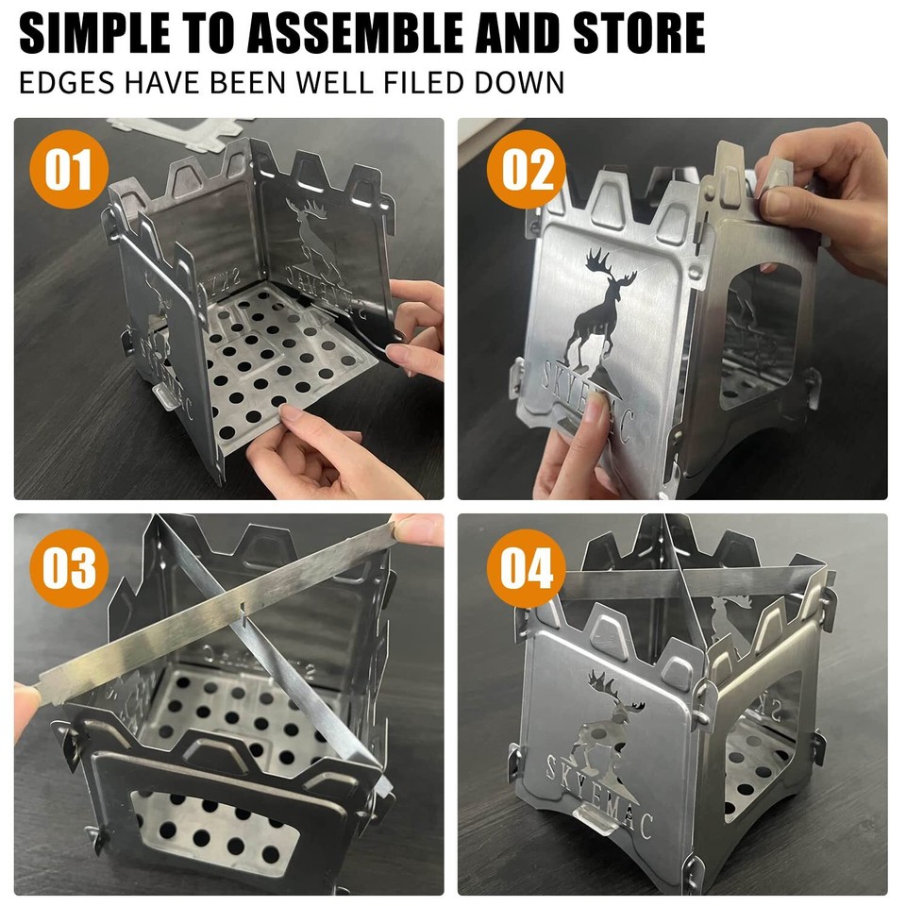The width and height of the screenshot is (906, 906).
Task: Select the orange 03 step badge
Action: pos(69,569)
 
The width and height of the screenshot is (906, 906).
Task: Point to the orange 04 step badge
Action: pos(526,569)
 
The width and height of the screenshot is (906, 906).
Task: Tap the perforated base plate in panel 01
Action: pos(274,368)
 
